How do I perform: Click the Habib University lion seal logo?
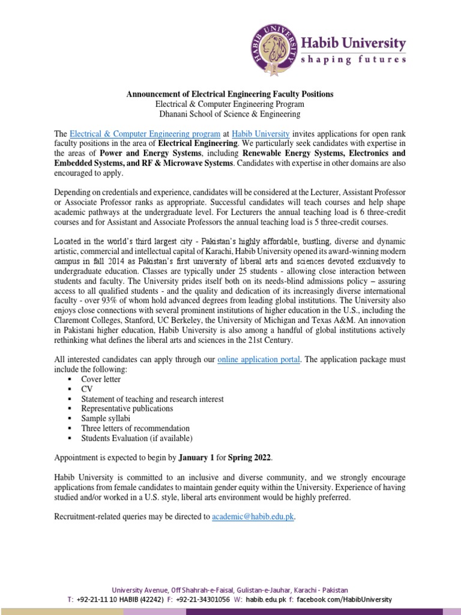pyautogui.click(x=276, y=50)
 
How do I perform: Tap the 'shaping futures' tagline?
pyautogui.click(x=353, y=59)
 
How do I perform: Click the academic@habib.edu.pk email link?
pyautogui.click(x=253, y=517)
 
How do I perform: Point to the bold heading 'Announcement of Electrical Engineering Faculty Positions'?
pyautogui.click(x=229, y=94)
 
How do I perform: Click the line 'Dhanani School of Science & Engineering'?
pyautogui.click(x=229, y=114)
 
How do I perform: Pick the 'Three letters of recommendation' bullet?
pyautogui.click(x=136, y=428)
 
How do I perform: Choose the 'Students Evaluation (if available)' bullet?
pyautogui.click(x=137, y=438)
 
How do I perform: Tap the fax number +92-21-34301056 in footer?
pyautogui.click(x=202, y=600)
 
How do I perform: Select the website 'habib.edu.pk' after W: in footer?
pyautogui.click(x=266, y=600)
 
